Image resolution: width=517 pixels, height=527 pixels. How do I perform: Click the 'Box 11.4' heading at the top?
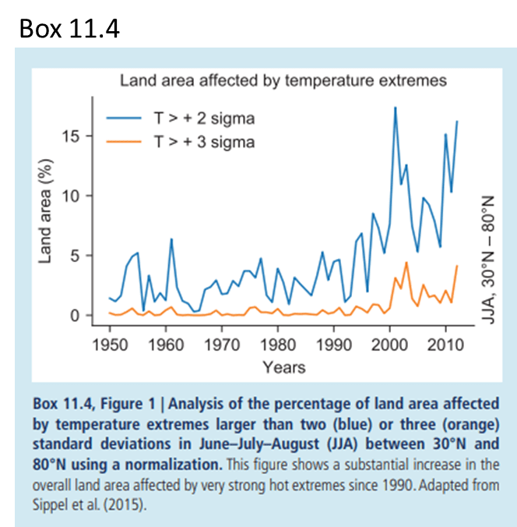coord(69,29)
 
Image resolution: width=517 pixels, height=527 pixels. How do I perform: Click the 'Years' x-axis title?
coord(283,366)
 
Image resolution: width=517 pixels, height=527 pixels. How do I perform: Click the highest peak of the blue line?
coord(396,108)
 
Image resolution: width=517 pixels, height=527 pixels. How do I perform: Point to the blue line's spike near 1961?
coord(171,239)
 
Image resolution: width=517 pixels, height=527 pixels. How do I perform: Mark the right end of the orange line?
coord(457,266)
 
